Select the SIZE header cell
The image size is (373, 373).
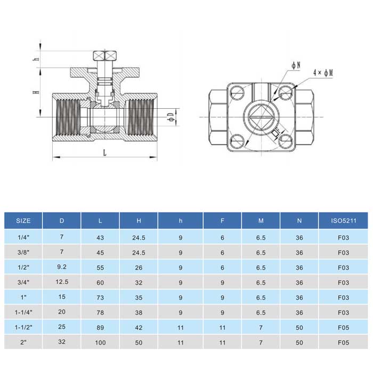point(23,221)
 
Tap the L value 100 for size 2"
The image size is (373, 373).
point(100,342)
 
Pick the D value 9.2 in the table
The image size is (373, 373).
point(61,267)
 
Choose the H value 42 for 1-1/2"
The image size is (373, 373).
point(139,327)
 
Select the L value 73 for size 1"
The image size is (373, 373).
point(100,297)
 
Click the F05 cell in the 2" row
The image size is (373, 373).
point(343,342)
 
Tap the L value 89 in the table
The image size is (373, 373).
point(100,327)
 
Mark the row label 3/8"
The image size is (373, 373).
point(23,252)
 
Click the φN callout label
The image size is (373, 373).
point(296,65)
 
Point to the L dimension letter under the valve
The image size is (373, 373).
point(105,152)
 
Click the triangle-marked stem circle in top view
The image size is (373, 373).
point(261,115)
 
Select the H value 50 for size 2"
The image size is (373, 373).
point(139,342)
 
